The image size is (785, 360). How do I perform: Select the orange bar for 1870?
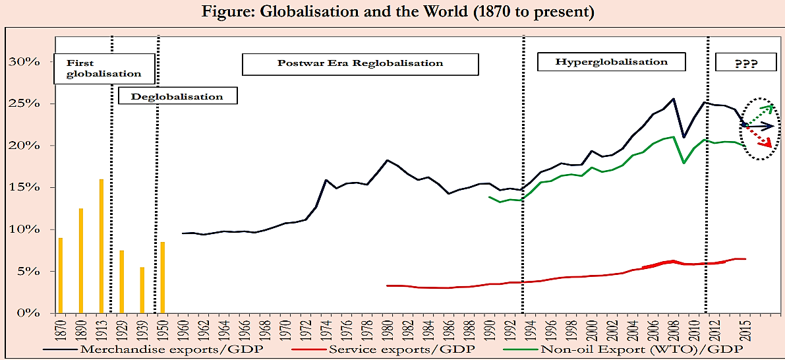click(x=61, y=275)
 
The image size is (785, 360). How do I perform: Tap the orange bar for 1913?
click(x=102, y=246)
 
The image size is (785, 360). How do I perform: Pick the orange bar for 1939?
click(x=142, y=289)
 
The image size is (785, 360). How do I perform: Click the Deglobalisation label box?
click(x=177, y=96)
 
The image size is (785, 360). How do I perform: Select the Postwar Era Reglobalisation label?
click(x=360, y=64)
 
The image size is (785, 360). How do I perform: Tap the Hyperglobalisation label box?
click(x=611, y=62)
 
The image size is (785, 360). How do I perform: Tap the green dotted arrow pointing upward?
click(x=760, y=113)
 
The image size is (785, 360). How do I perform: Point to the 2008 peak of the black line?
click(x=673, y=99)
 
